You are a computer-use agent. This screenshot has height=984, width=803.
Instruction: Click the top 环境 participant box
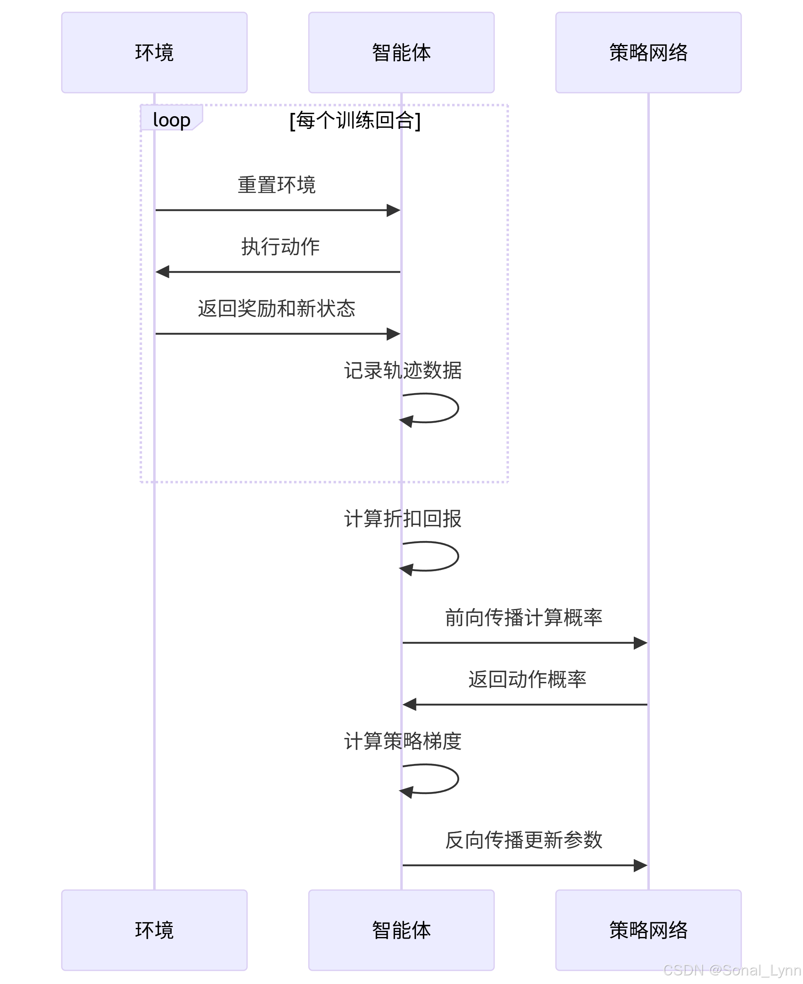[154, 52]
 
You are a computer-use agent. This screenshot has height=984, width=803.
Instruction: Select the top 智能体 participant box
[401, 52]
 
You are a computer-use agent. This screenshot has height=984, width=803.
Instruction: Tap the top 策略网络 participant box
[648, 52]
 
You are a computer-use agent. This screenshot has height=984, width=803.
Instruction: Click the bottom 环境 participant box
[154, 930]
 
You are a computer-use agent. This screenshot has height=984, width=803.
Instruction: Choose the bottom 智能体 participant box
[401, 930]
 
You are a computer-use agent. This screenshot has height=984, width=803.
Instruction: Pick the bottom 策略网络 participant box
[648, 930]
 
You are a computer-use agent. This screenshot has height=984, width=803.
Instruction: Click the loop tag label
[171, 119]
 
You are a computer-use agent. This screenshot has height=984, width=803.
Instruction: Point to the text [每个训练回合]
[355, 120]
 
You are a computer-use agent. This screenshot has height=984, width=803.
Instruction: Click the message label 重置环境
[277, 185]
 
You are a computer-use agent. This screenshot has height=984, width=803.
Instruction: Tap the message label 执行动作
[280, 246]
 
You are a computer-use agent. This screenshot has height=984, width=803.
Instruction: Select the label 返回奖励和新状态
[277, 308]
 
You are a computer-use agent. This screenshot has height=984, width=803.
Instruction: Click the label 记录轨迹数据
[402, 370]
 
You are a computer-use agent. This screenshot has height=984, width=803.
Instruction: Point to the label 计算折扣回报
[402, 518]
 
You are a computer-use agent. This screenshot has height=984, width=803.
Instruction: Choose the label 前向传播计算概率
[524, 617]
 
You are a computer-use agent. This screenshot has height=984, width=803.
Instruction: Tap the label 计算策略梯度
[402, 741]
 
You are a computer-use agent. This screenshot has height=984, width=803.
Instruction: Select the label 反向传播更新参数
[524, 840]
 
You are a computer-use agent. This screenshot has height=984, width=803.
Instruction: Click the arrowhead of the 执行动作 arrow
[162, 272]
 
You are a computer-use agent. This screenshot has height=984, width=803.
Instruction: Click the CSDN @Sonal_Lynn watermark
[732, 970]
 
